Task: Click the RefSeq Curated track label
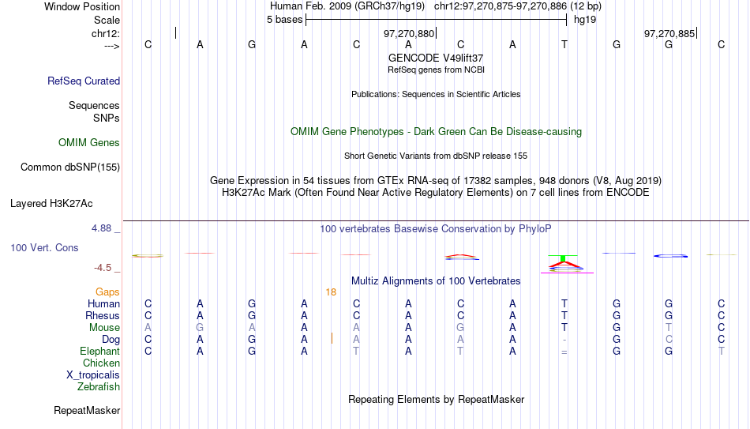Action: (84, 81)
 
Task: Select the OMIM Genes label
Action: (89, 143)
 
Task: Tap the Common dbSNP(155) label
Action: (70, 167)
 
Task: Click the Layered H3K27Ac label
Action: (51, 204)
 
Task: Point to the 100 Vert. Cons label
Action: (44, 247)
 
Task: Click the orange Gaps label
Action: (107, 292)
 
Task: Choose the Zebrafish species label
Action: (99, 387)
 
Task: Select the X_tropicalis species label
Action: (93, 375)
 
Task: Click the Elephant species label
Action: (100, 352)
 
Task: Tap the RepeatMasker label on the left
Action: (87, 410)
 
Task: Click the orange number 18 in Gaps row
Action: (331, 292)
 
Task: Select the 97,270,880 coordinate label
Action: (409, 33)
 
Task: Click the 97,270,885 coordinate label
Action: (669, 33)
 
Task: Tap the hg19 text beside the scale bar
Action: (585, 20)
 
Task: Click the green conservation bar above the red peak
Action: (563, 258)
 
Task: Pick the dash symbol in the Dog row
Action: (564, 340)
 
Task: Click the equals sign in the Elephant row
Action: (564, 352)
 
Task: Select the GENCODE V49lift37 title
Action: (436, 58)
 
